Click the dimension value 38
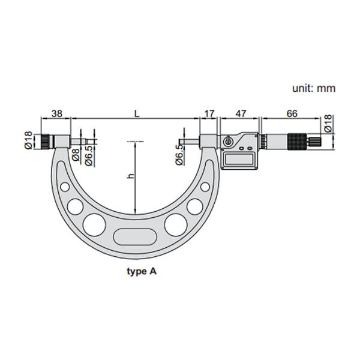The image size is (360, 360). [57, 113]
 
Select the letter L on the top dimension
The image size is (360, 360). [137, 113]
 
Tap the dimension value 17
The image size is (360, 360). [209, 113]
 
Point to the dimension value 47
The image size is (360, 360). [241, 113]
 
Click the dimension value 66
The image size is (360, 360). [292, 113]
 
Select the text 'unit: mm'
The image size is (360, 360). [314, 88]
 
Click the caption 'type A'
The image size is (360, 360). [142, 271]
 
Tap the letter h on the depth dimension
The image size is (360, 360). [130, 176]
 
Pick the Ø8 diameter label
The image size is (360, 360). [76, 154]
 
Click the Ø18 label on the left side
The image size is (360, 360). [29, 140]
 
